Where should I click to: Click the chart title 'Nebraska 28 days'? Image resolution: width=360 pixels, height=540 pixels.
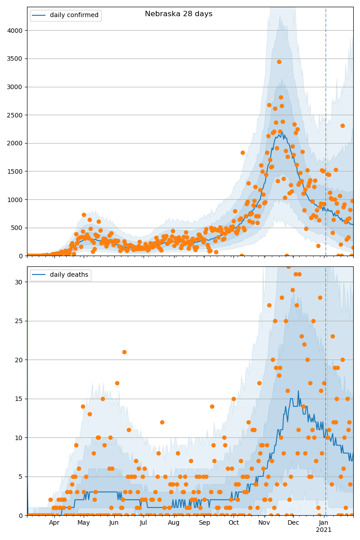(x=179, y=14)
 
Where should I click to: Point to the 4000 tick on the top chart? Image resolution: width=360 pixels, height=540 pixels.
(x=16, y=30)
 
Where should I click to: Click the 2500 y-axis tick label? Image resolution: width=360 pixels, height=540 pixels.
(x=16, y=115)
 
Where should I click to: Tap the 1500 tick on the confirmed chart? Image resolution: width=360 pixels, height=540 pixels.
(x=16, y=171)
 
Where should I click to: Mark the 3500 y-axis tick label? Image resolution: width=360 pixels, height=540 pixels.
(x=16, y=58)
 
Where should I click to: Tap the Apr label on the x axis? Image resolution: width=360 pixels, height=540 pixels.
(x=54, y=523)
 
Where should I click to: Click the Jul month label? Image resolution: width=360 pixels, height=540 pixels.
(x=143, y=523)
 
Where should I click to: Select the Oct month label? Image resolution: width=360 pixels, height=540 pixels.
(x=234, y=523)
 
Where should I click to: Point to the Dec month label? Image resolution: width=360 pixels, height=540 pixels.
(x=293, y=523)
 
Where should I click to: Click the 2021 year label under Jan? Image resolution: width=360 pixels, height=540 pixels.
(x=324, y=530)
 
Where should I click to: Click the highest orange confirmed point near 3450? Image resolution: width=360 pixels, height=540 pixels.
(x=279, y=62)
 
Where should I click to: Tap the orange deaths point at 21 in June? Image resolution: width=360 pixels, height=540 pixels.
(x=124, y=352)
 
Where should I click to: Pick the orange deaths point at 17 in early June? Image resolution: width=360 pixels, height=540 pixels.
(x=117, y=383)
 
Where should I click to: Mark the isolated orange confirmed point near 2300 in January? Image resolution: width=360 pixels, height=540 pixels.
(x=342, y=126)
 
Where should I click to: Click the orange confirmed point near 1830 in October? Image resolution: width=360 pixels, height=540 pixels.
(x=243, y=153)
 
